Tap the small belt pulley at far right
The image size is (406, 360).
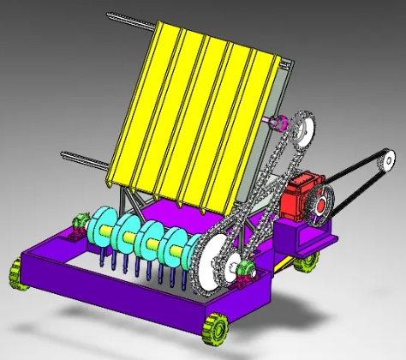[x=388, y=159]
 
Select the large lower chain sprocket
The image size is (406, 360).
[x=217, y=257]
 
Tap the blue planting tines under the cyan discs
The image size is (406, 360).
[x=137, y=262]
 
